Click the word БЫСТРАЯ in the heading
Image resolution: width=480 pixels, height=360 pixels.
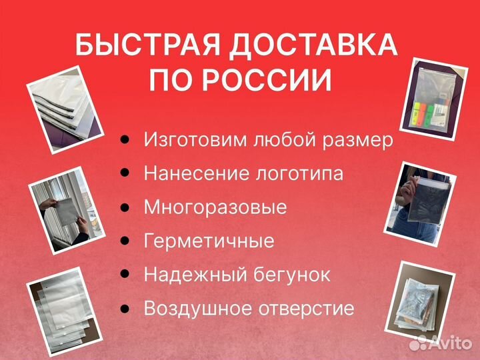click(147, 45)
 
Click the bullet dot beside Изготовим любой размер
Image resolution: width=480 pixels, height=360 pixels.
click(125, 139)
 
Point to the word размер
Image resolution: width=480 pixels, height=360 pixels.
click(357, 141)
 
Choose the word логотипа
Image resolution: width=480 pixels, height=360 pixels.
click(299, 173)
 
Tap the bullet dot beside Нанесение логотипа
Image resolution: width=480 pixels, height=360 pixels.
click(125, 173)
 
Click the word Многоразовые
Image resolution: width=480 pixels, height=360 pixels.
click(215, 207)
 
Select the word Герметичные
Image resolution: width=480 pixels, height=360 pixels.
click(209, 241)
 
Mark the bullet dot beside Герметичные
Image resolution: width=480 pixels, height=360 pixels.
click(125, 240)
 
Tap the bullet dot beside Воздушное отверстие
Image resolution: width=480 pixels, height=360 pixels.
click(125, 307)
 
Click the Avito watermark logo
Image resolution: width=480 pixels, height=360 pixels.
click(441, 342)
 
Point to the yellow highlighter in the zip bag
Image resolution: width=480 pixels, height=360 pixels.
click(417, 113)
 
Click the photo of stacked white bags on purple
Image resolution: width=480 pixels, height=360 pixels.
click(65, 109)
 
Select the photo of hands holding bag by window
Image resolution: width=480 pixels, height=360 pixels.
click(67, 210)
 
